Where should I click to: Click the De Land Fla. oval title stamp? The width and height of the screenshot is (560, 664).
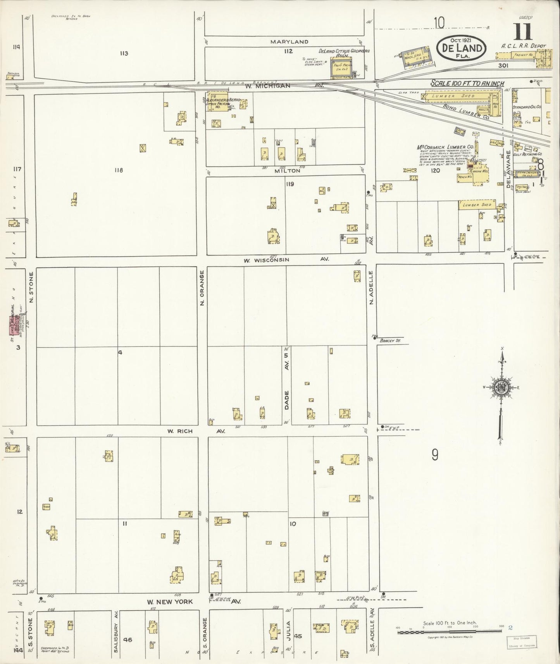(461, 48)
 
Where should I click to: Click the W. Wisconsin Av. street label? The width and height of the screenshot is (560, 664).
(286, 260)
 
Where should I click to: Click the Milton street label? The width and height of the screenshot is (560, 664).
(287, 171)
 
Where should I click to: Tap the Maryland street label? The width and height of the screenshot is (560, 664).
(289, 42)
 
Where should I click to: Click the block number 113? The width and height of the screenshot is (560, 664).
(124, 53)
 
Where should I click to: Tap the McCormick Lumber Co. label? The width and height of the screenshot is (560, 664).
(445, 147)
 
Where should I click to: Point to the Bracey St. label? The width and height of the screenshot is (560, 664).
(389, 341)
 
